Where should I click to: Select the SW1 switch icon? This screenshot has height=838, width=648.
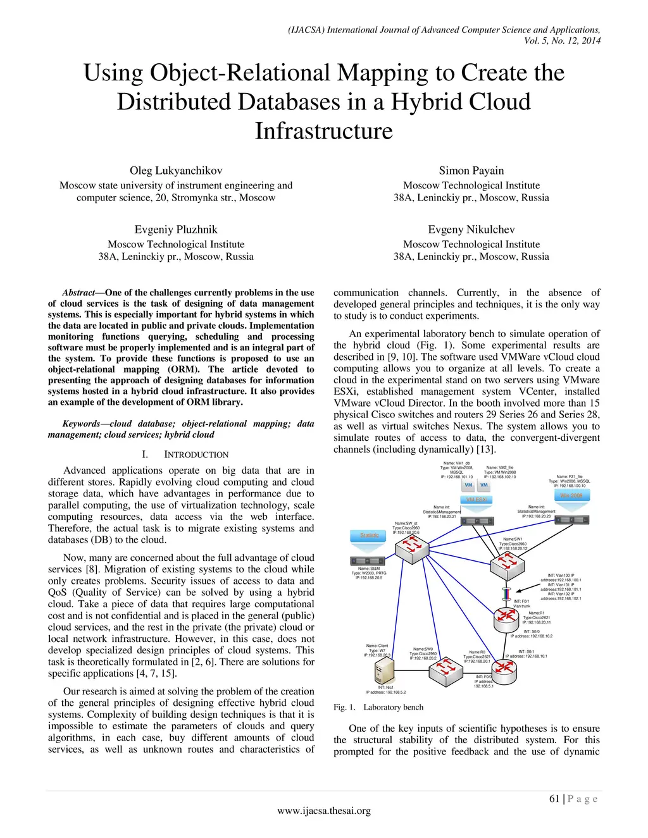508,562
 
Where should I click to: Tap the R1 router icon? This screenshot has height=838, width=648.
506,616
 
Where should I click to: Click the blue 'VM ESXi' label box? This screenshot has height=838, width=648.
478,499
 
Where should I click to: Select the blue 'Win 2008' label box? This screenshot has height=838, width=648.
571,495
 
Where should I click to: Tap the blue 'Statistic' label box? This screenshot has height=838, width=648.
369,536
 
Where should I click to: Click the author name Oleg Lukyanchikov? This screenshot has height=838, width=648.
176,171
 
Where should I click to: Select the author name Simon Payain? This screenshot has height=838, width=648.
471,171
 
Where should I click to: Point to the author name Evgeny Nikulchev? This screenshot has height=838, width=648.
471,230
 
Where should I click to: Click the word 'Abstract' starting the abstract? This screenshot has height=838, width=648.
78,293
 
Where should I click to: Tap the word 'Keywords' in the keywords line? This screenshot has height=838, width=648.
81,424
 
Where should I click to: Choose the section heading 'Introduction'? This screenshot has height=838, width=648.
196,455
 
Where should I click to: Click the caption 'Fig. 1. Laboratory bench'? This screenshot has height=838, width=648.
378,707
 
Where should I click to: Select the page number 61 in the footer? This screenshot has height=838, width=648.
554,799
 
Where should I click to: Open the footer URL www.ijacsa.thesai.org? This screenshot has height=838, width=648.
324,811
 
